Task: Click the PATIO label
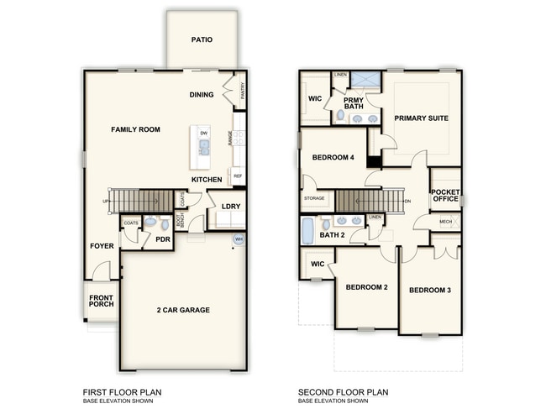(201, 39)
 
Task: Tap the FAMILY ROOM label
(136, 129)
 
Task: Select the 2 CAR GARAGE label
(182, 310)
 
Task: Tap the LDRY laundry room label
(231, 206)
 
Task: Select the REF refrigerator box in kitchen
(238, 176)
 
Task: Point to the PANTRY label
(242, 91)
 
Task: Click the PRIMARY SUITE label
(417, 119)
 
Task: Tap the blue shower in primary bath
(365, 81)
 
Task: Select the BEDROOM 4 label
(333, 157)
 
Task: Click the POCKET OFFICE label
(445, 195)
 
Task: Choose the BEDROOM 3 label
(430, 291)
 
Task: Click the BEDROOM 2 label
(366, 287)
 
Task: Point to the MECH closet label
(446, 222)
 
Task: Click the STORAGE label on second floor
(314, 198)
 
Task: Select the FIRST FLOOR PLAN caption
(121, 391)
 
